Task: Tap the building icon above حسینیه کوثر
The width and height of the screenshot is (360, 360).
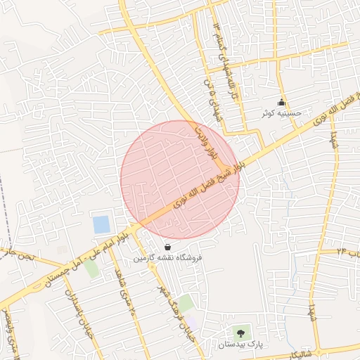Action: [282, 102]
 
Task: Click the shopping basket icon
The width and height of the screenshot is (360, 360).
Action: [167, 247]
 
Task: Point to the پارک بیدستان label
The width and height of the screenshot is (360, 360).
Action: [240, 345]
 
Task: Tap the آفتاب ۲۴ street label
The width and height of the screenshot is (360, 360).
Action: [347, 251]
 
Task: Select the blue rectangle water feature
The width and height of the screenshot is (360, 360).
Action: [102, 225]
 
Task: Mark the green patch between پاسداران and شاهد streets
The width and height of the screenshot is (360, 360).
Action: [91, 269]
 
